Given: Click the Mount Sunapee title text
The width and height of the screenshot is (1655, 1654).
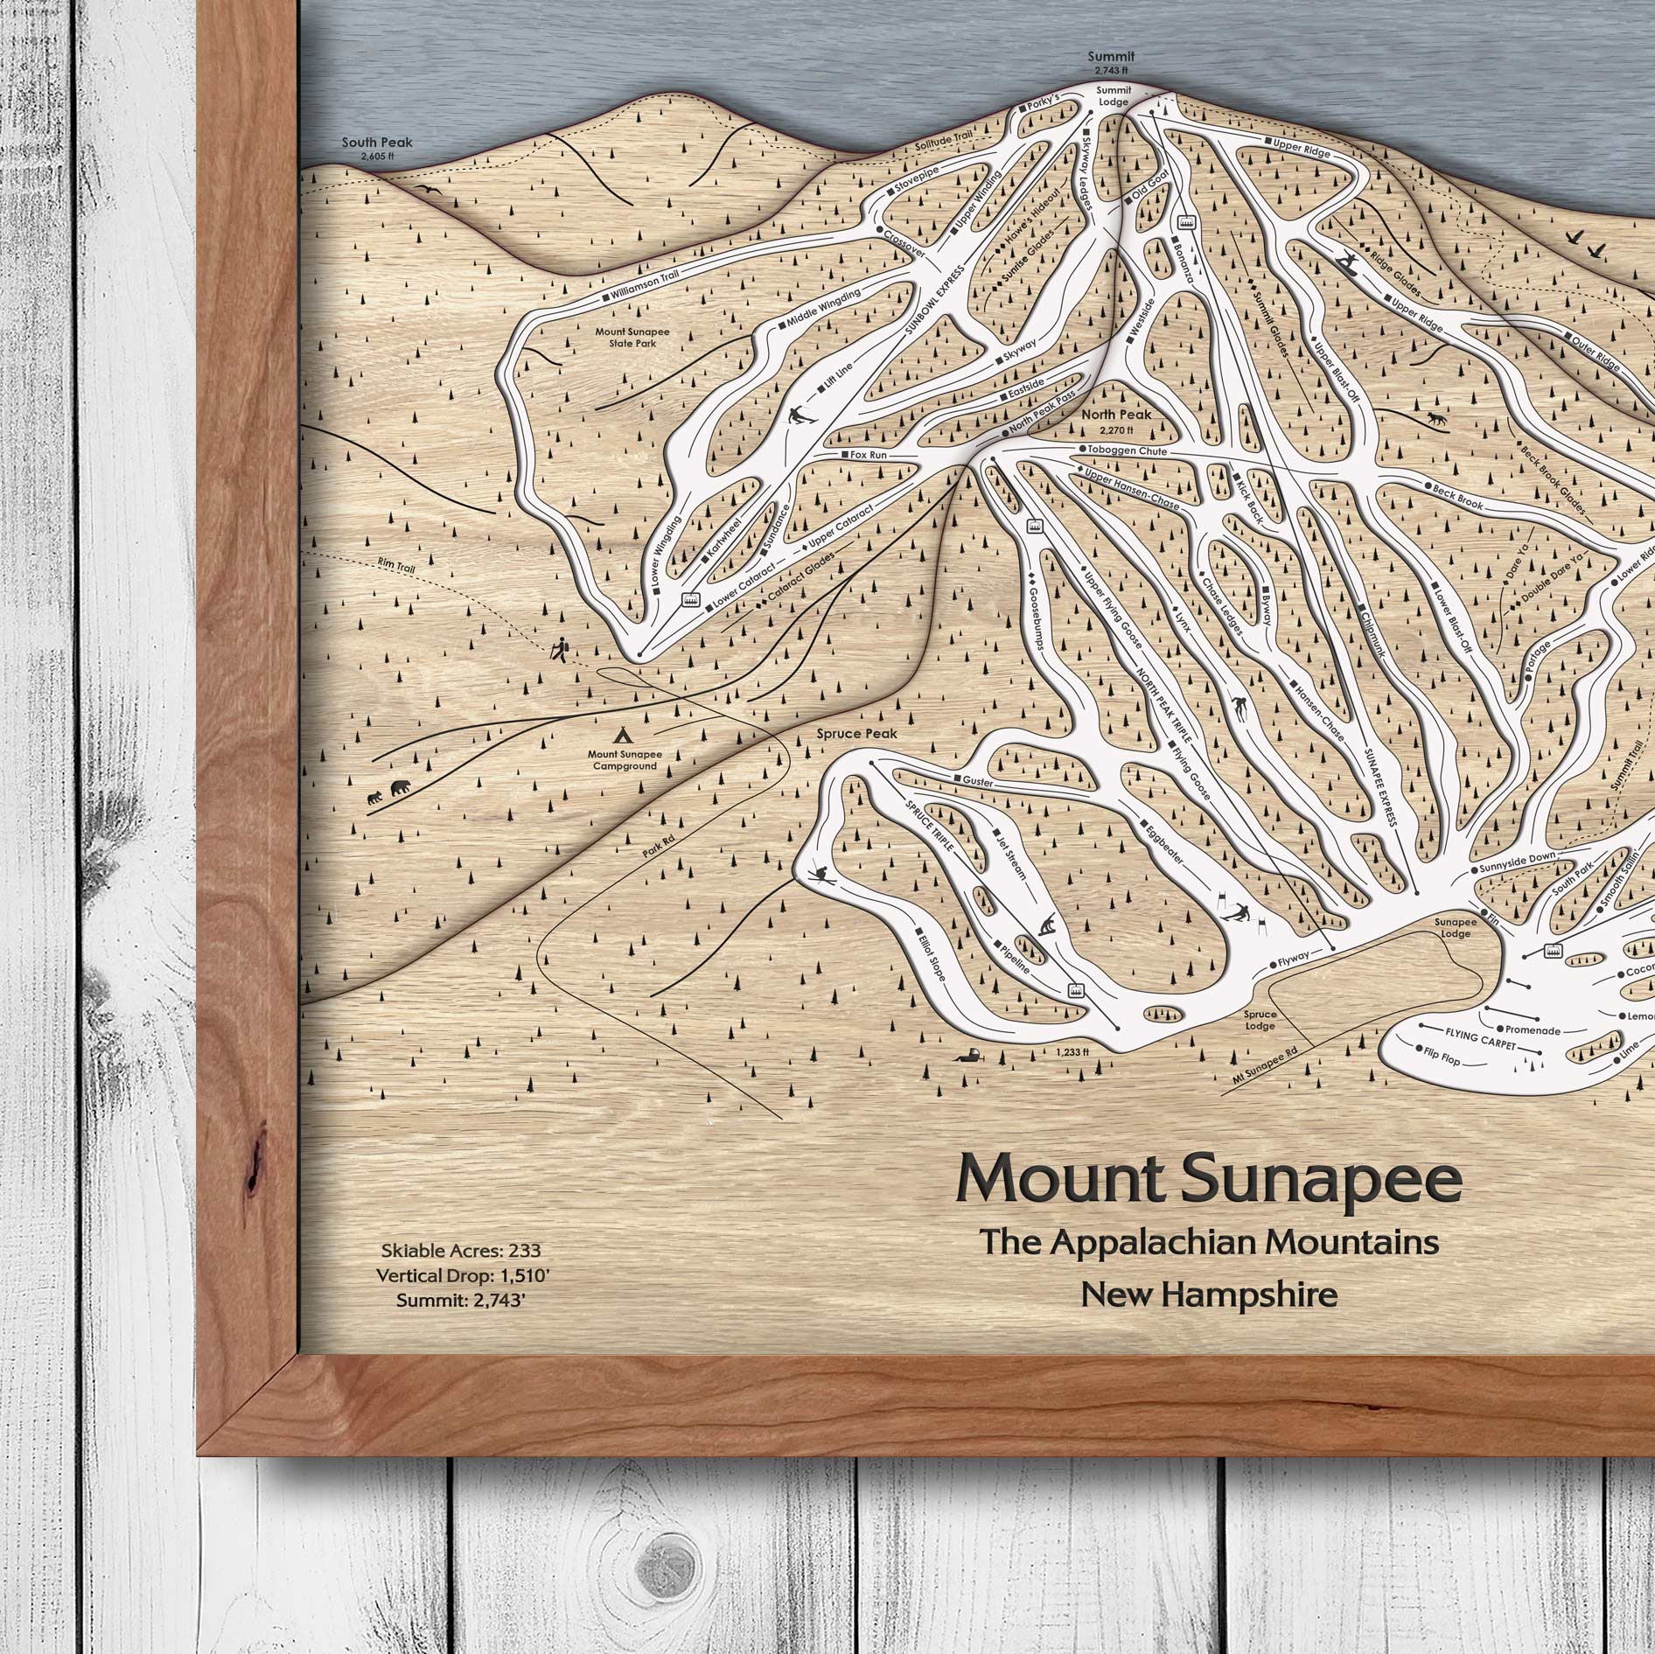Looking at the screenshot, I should (x=1210, y=1180).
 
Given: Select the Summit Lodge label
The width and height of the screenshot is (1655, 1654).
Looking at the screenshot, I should (x=1114, y=96).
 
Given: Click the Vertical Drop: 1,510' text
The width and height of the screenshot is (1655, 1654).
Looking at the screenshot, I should (x=463, y=1276).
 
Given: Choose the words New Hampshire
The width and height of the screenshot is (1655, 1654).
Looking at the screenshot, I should (x=1209, y=1295).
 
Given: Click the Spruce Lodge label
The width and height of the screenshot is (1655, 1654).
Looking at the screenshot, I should (x=1260, y=1020).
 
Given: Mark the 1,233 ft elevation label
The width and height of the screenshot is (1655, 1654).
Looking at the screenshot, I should (x=1072, y=1052).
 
